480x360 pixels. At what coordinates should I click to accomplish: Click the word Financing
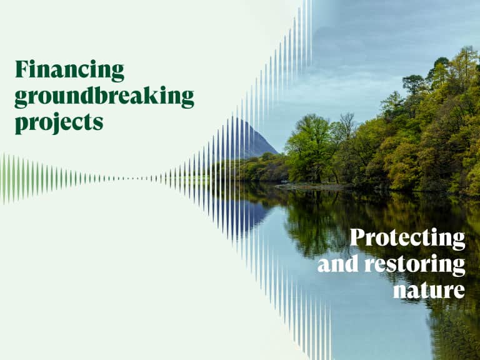pyautogui.click(x=70, y=71)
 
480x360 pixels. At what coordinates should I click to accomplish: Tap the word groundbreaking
pyautogui.click(x=104, y=97)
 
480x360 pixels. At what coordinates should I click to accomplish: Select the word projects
pyautogui.click(x=59, y=122)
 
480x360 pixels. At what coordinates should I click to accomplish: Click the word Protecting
pyautogui.click(x=407, y=238)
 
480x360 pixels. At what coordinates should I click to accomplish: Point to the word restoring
pyautogui.click(x=415, y=264)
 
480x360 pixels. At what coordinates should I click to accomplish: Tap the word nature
pyautogui.click(x=429, y=290)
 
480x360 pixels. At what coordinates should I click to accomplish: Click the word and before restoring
pyautogui.click(x=337, y=264)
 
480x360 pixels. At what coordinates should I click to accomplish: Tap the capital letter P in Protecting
pyautogui.click(x=358, y=237)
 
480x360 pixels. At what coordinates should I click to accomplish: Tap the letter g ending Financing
pyautogui.click(x=117, y=73)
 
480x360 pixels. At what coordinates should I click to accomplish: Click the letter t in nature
pyautogui.click(x=424, y=289)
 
